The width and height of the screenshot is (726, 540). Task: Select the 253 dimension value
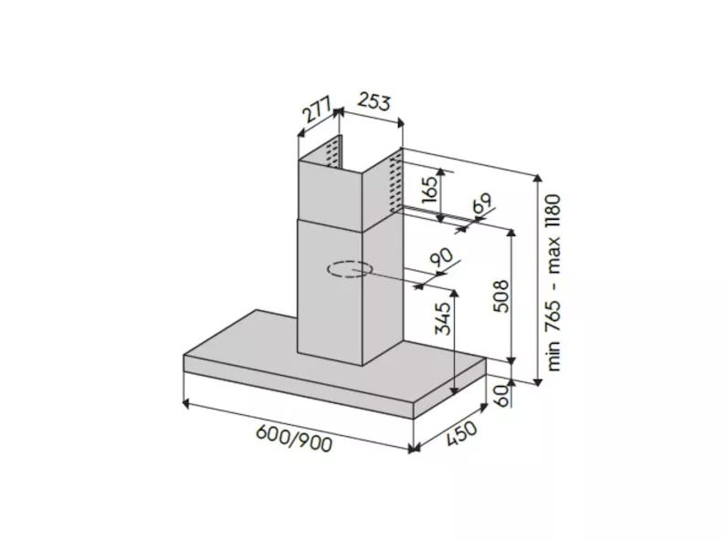coord(374,102)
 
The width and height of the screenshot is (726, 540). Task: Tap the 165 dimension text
coord(430,189)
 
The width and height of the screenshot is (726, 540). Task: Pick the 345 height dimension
coord(442,318)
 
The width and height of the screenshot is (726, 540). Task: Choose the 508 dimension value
coord(500,296)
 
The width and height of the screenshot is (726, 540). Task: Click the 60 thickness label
coord(500,395)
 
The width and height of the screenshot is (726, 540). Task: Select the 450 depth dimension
coord(461,434)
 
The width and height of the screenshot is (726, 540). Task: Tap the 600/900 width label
coord(294,438)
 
